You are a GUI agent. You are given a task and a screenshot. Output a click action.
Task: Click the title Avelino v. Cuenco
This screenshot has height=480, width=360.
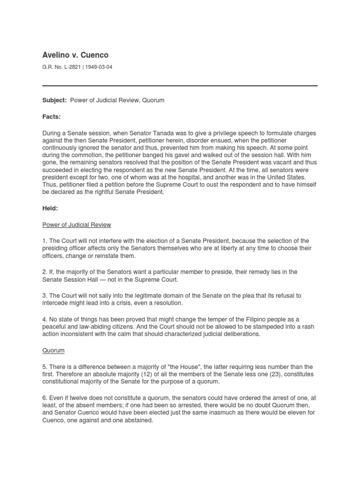(75, 55)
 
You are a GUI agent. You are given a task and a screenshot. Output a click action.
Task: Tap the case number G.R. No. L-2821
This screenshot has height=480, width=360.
(60, 67)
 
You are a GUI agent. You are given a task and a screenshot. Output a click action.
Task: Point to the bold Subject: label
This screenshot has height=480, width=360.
(54, 100)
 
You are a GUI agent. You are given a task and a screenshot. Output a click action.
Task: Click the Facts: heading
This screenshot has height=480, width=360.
(52, 117)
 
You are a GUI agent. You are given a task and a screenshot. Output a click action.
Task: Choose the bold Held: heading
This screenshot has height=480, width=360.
(50, 208)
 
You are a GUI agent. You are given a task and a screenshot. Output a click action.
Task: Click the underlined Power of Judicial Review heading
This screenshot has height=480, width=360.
(77, 225)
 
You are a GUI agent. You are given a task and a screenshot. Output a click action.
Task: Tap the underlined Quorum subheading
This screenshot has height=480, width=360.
(53, 350)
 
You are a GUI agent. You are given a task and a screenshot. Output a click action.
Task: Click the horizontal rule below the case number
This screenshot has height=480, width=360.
(180, 86)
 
